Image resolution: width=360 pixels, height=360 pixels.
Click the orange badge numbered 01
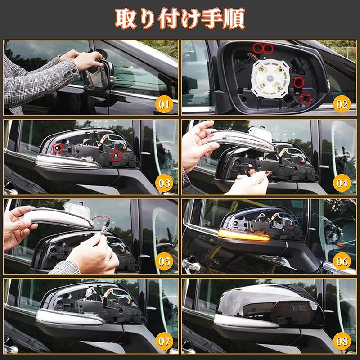[x=164, y=104]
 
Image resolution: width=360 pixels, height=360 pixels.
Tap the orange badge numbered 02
[x=342, y=104]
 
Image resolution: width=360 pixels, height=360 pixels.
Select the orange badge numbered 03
[x=164, y=183]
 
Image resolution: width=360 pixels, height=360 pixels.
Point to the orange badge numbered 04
[x=342, y=183]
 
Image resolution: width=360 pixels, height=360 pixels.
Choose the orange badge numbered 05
[x=164, y=261]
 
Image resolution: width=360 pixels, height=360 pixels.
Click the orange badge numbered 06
[x=342, y=261]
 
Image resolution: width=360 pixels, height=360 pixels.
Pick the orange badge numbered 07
[x=164, y=341]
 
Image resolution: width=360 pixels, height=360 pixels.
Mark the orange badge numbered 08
[x=342, y=341]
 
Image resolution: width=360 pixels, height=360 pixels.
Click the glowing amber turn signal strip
[x=243, y=235]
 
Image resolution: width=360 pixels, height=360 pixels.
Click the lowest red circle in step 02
[x=306, y=99]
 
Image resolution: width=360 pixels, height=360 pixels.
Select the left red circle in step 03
[x=58, y=148]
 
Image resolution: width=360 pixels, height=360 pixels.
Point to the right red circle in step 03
[x=116, y=156]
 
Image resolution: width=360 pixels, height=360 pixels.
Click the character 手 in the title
[x=212, y=19]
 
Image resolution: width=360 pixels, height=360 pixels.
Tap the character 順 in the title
[x=234, y=19]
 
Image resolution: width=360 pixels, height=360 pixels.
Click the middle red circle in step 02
[x=299, y=83]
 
